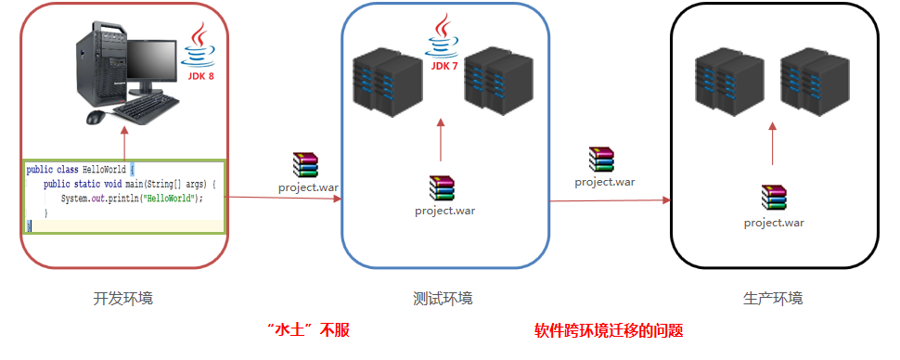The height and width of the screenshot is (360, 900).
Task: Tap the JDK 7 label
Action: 442,66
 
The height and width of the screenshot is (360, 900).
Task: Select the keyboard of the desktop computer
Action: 148,110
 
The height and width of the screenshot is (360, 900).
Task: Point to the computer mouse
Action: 96,117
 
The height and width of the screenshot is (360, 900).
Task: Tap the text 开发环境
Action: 123,299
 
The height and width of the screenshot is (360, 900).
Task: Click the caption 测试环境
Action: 443,299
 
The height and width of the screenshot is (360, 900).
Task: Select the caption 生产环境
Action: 773,299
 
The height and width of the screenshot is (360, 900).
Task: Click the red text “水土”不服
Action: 307,330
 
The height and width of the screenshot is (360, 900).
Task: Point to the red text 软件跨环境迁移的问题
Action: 609,330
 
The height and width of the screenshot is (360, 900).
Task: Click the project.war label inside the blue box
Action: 445,210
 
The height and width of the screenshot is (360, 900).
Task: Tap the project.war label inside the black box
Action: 774,222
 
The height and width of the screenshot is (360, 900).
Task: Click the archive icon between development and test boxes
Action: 305,165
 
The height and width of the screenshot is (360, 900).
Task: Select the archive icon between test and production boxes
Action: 602,160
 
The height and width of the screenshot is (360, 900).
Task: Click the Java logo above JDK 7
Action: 442,34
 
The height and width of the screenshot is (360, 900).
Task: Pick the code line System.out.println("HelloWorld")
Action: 131,199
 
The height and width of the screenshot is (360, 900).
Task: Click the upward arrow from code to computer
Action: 123,143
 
